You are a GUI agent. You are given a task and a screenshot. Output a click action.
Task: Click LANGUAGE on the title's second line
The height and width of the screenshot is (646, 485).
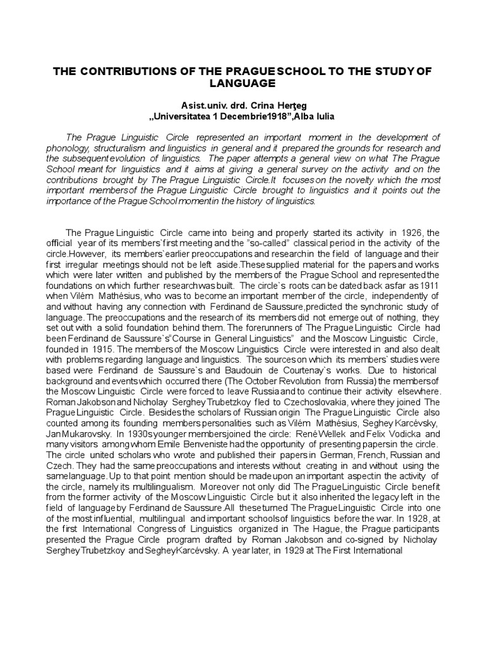[242, 84]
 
